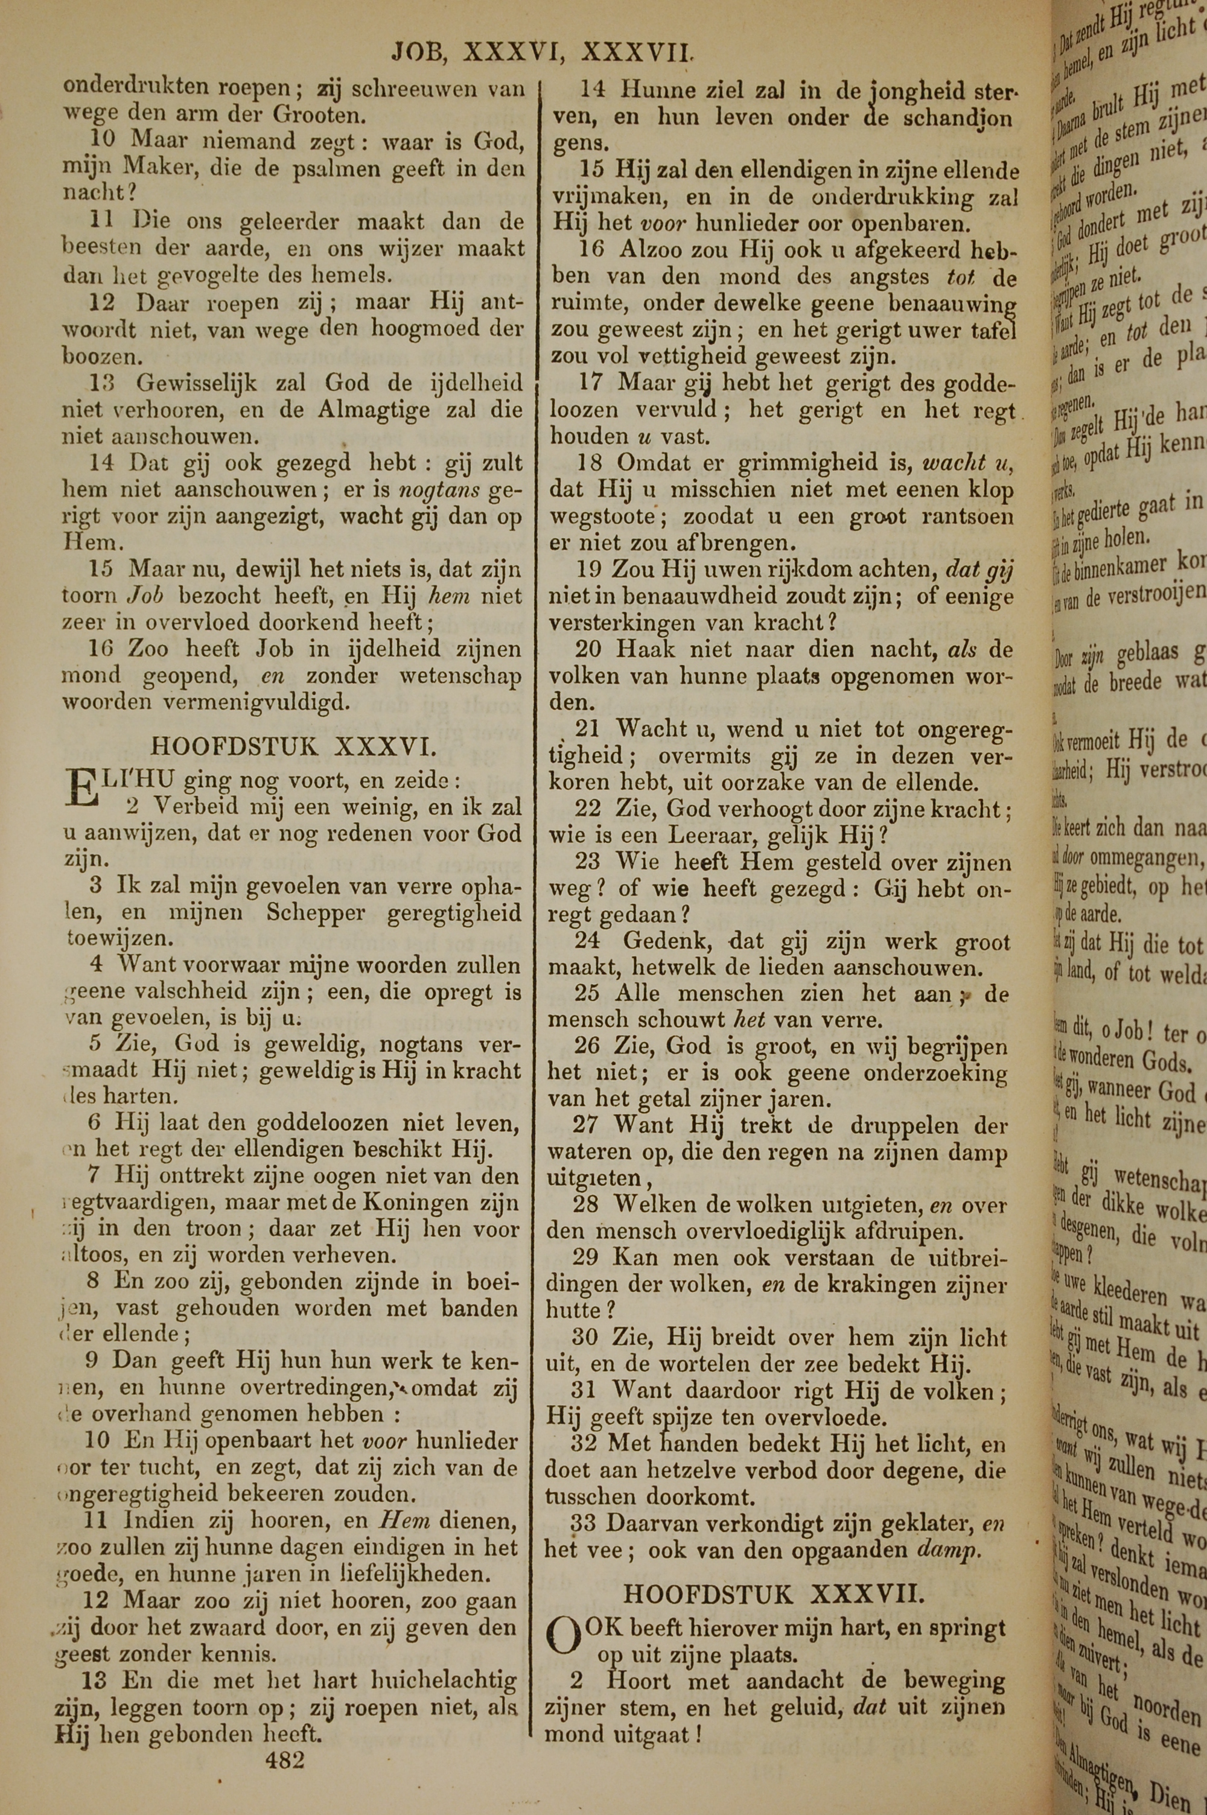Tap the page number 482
pyautogui.click(x=284, y=1759)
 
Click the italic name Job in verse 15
pyautogui.click(x=144, y=596)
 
